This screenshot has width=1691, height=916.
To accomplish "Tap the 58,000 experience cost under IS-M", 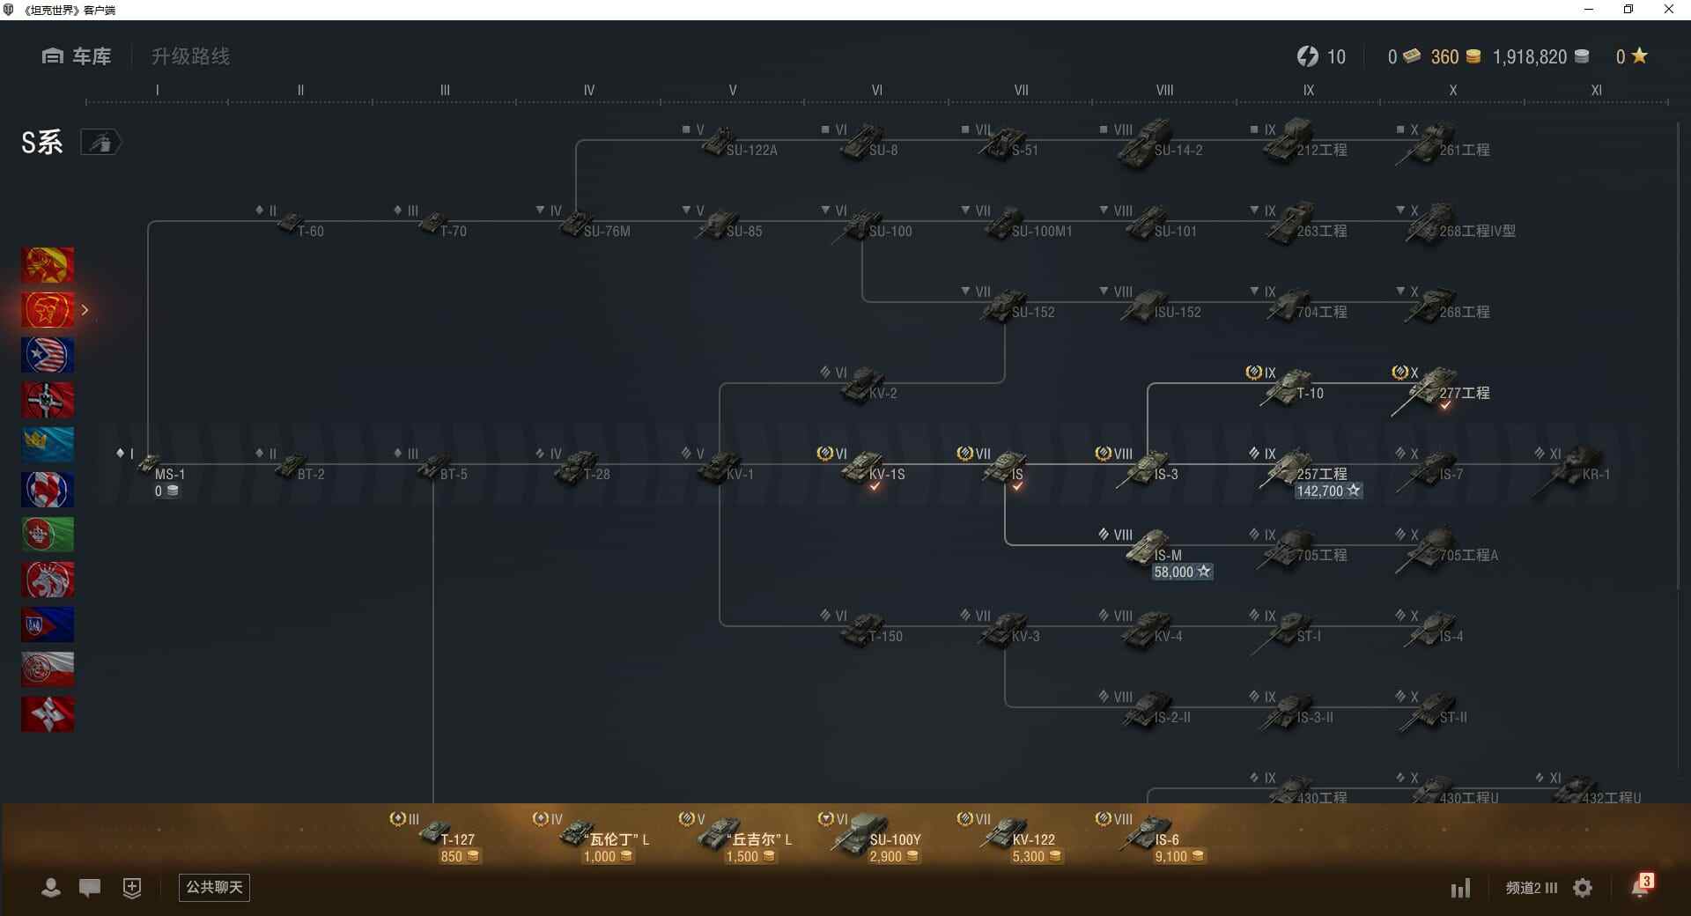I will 1181,572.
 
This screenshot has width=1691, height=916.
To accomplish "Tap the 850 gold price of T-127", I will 459,857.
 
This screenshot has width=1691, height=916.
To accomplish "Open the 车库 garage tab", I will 78,56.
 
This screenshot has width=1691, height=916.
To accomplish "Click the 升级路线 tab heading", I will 190,56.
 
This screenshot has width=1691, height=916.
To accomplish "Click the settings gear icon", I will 1583,888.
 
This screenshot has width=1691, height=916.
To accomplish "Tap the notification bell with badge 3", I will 1640,887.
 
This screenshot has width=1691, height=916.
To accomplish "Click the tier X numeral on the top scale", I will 1452,90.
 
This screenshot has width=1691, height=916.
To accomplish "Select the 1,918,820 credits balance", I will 1530,57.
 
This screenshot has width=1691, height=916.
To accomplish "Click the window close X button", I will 1668,10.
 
